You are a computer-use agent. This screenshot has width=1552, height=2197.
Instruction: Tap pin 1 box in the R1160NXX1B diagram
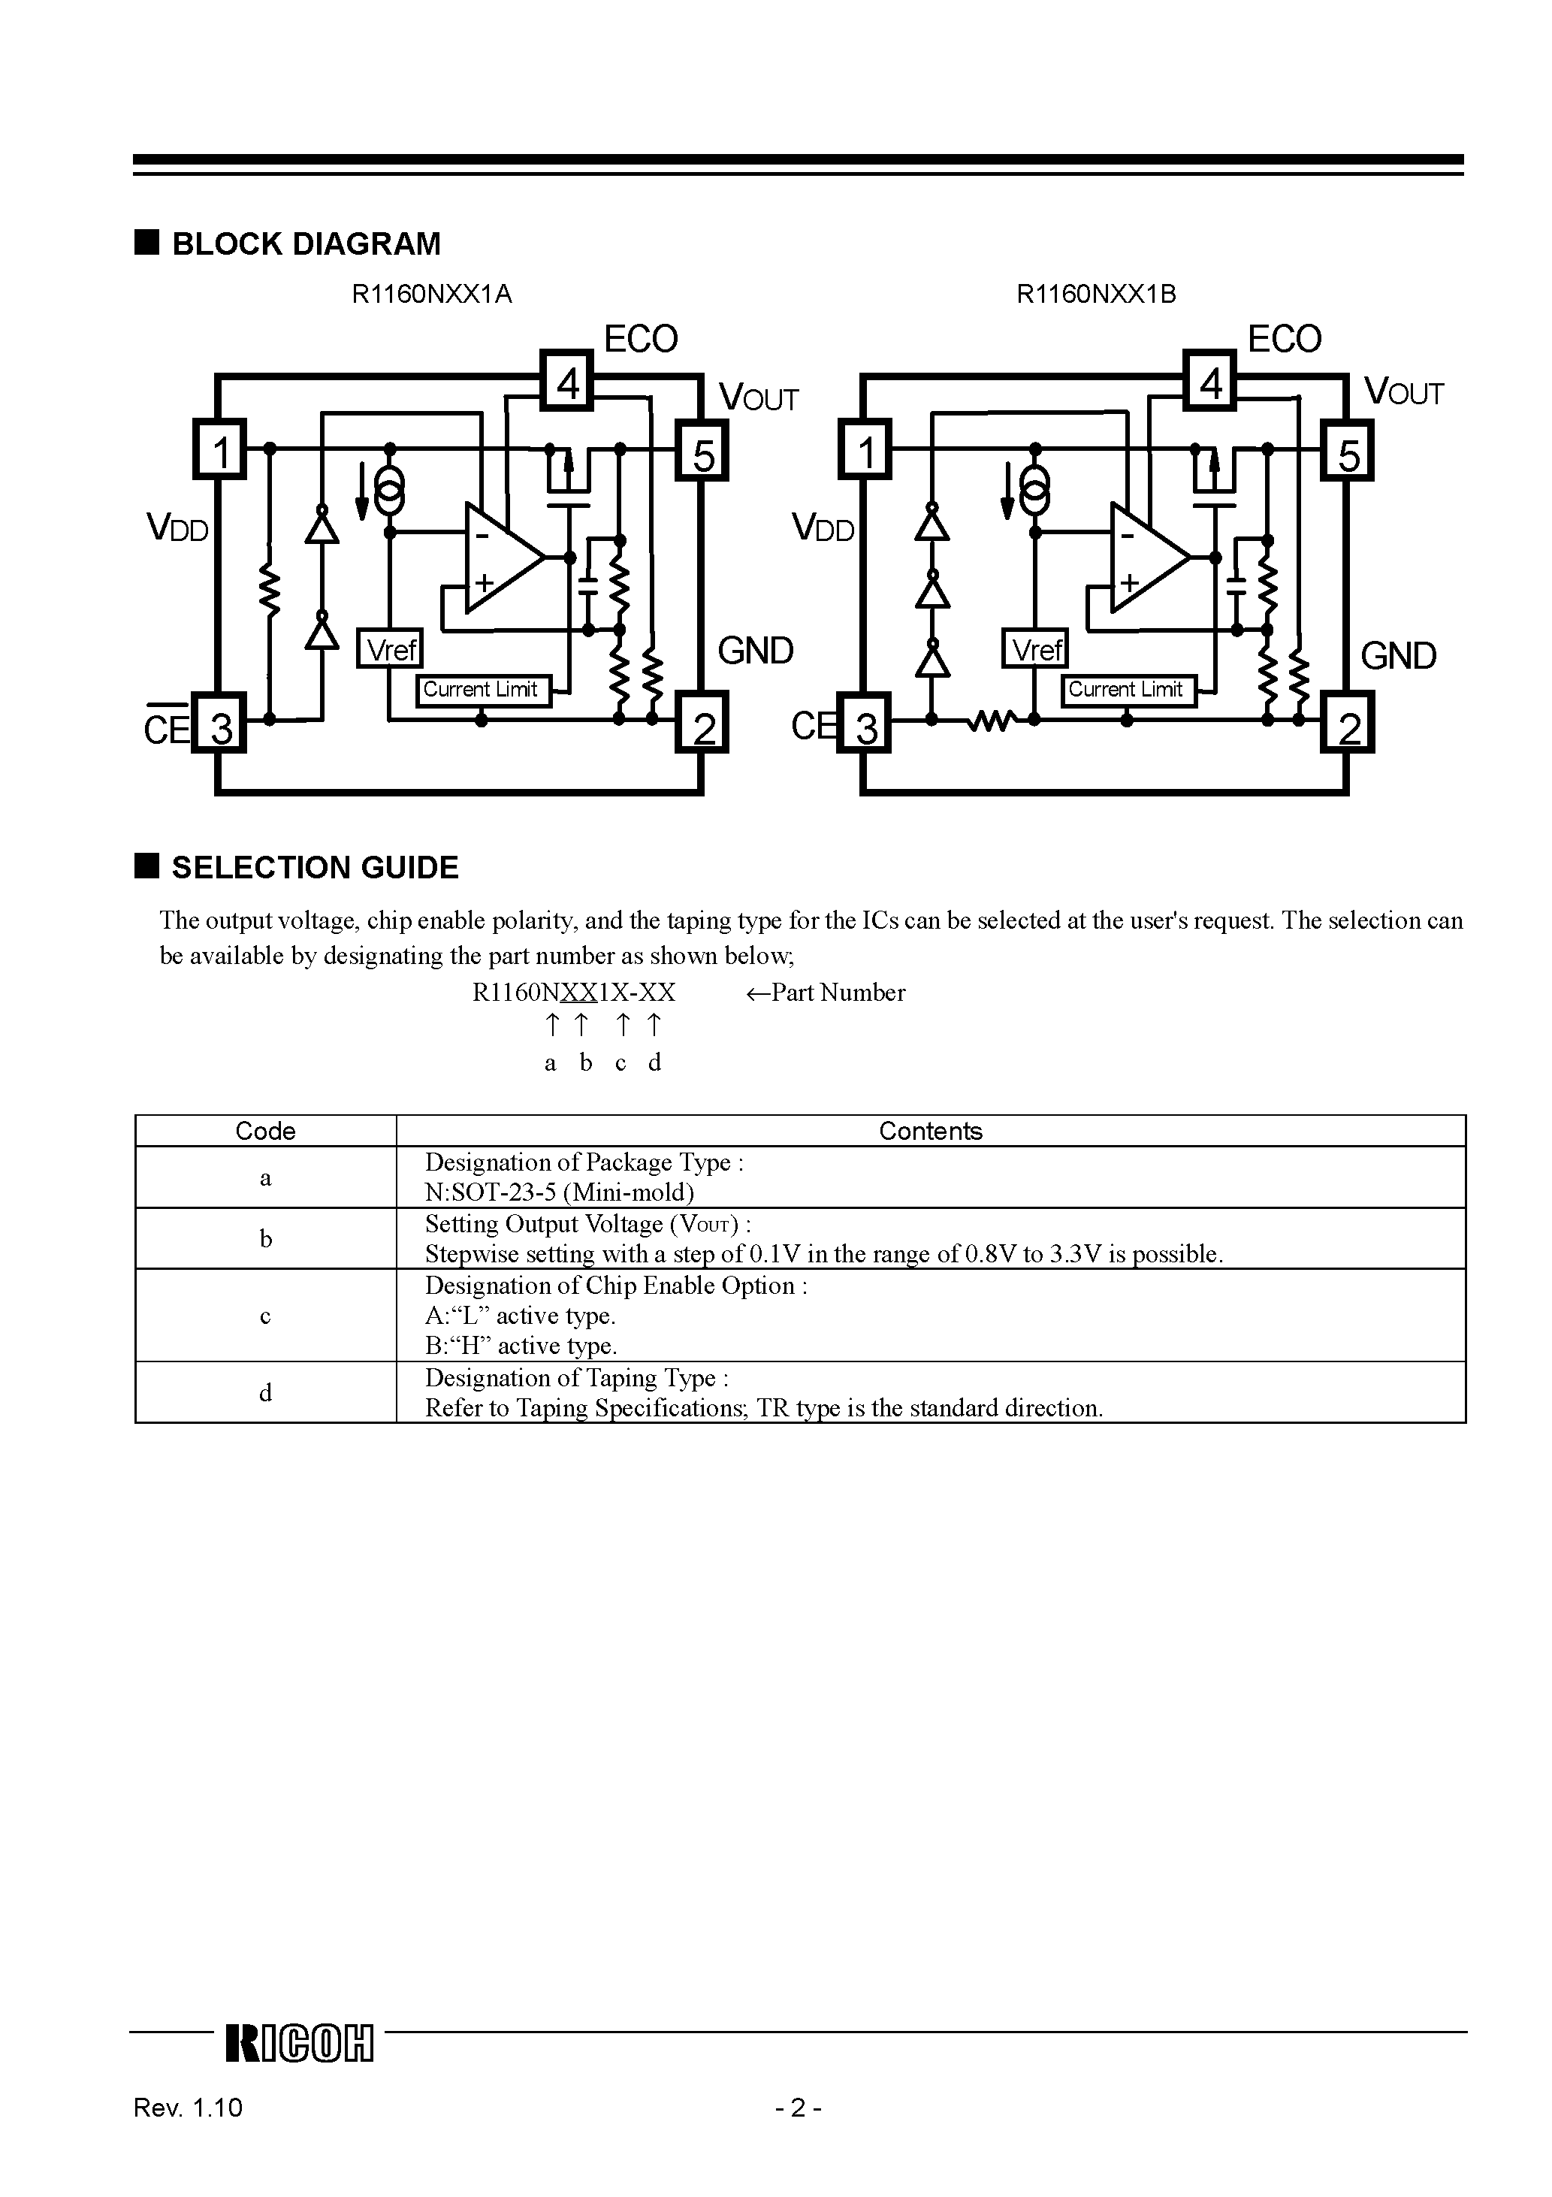[866, 451]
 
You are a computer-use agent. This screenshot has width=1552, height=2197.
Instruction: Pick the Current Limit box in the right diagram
[1126, 689]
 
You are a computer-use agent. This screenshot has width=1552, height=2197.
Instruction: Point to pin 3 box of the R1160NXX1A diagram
[220, 727]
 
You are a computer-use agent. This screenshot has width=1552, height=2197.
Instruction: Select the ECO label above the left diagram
[640, 339]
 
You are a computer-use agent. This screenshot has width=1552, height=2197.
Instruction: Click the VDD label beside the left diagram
[177, 528]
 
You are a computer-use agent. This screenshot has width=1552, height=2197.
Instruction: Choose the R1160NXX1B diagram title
[1095, 294]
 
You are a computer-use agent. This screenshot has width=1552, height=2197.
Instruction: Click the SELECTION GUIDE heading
[314, 868]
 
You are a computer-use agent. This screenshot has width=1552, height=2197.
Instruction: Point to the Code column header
[265, 1131]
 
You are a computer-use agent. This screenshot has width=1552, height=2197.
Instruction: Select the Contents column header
[930, 1131]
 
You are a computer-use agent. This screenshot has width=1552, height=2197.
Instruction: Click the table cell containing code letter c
[265, 1316]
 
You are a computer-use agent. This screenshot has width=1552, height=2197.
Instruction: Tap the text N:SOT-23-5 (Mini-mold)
[559, 1192]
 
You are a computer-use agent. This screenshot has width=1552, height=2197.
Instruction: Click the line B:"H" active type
[521, 1346]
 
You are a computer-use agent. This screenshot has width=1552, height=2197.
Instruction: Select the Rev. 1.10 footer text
[189, 2134]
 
